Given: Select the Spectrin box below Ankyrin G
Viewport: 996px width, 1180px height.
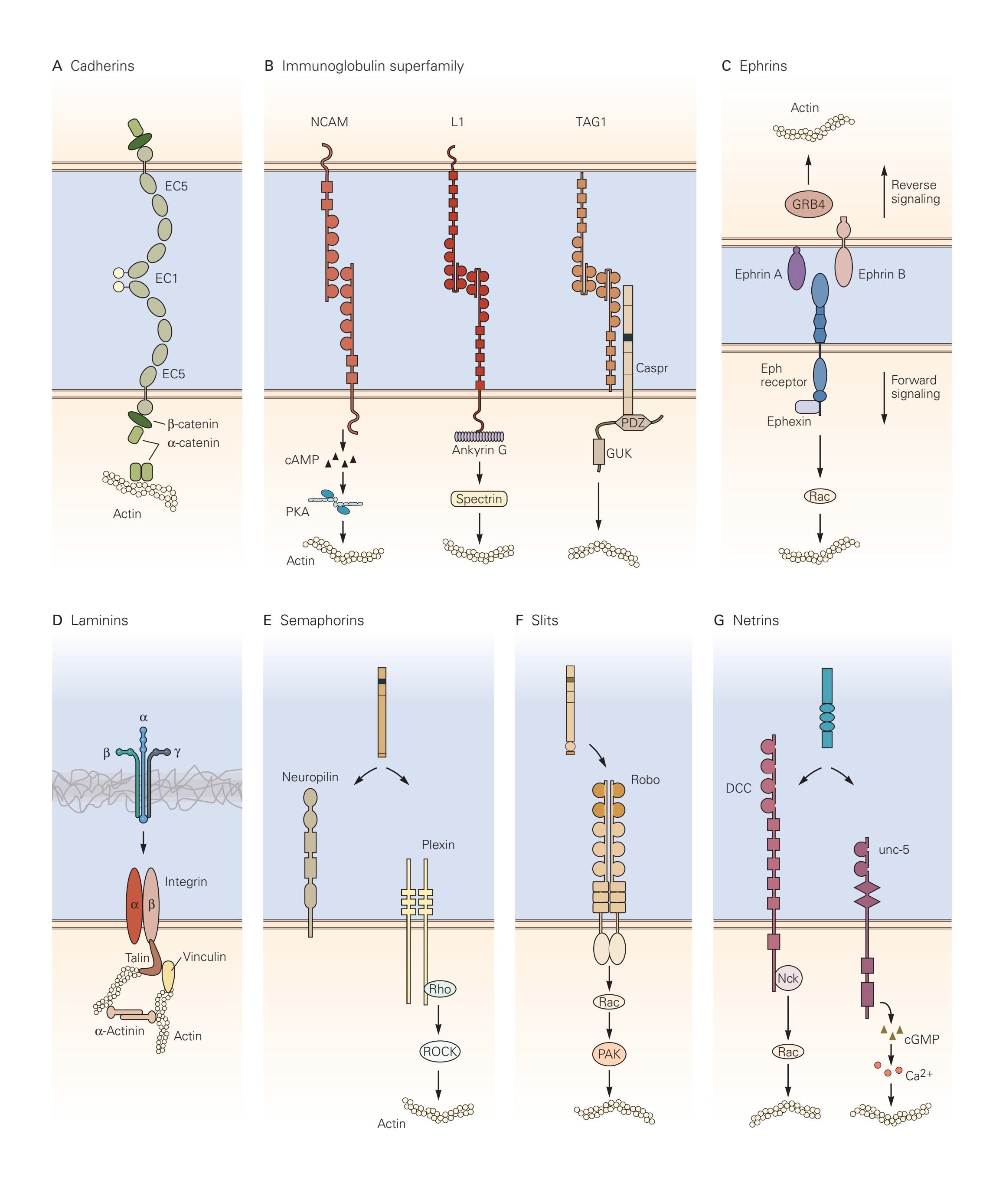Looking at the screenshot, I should [x=479, y=499].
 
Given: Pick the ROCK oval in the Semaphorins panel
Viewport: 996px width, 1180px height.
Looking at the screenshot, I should [x=440, y=1051].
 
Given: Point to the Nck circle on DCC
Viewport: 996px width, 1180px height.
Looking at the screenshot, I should [x=788, y=978].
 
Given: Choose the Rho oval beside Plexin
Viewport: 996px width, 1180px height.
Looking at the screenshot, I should [x=440, y=989].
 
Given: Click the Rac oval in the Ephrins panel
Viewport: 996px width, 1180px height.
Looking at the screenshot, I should [x=819, y=496].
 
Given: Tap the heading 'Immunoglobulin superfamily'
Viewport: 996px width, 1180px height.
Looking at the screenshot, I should [x=372, y=66].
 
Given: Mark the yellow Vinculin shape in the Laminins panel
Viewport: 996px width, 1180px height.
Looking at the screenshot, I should [x=168, y=977].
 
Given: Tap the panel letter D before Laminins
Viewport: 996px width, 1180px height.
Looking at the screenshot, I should [x=57, y=620].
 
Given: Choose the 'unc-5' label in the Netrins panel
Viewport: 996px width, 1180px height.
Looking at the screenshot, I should [x=894, y=849].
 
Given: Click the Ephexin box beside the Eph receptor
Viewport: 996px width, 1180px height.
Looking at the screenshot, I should [x=806, y=406].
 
